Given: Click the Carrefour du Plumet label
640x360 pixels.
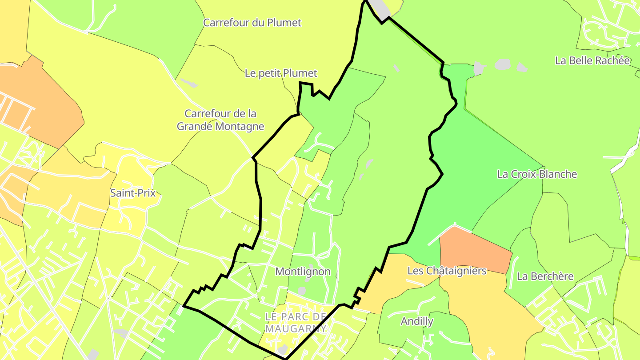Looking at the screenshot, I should (252, 23).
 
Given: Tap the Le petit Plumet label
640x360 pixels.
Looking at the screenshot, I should (281, 73).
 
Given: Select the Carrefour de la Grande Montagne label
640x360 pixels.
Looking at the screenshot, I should (220, 120).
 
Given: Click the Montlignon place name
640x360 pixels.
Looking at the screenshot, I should (303, 272).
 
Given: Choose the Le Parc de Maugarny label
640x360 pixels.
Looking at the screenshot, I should (296, 323).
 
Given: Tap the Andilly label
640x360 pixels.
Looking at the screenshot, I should (417, 321).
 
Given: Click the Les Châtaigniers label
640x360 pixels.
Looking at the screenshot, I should (447, 271).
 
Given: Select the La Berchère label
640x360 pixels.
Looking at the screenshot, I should (545, 276).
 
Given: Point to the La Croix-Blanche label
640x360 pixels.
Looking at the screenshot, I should (537, 174).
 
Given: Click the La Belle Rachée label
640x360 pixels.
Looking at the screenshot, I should (592, 60).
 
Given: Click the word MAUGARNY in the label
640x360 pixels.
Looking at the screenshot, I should (296, 329).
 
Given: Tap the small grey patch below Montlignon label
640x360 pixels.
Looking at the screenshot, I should (302, 291).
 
